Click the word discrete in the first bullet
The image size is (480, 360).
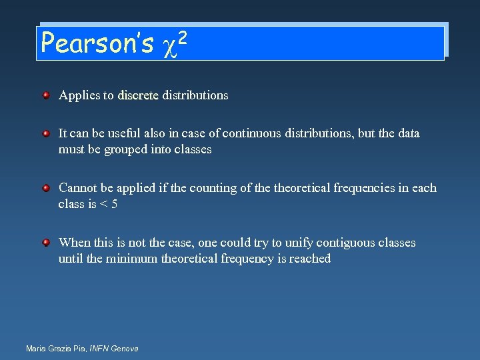[x=138, y=95]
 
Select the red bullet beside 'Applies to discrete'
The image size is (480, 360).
[x=46, y=95]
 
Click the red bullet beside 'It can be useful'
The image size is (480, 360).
[x=46, y=133]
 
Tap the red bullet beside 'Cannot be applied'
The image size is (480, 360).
[x=46, y=188]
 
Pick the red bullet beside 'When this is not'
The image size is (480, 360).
[x=46, y=243]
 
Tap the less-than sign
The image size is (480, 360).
[x=103, y=204]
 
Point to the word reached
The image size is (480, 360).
[x=309, y=259]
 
